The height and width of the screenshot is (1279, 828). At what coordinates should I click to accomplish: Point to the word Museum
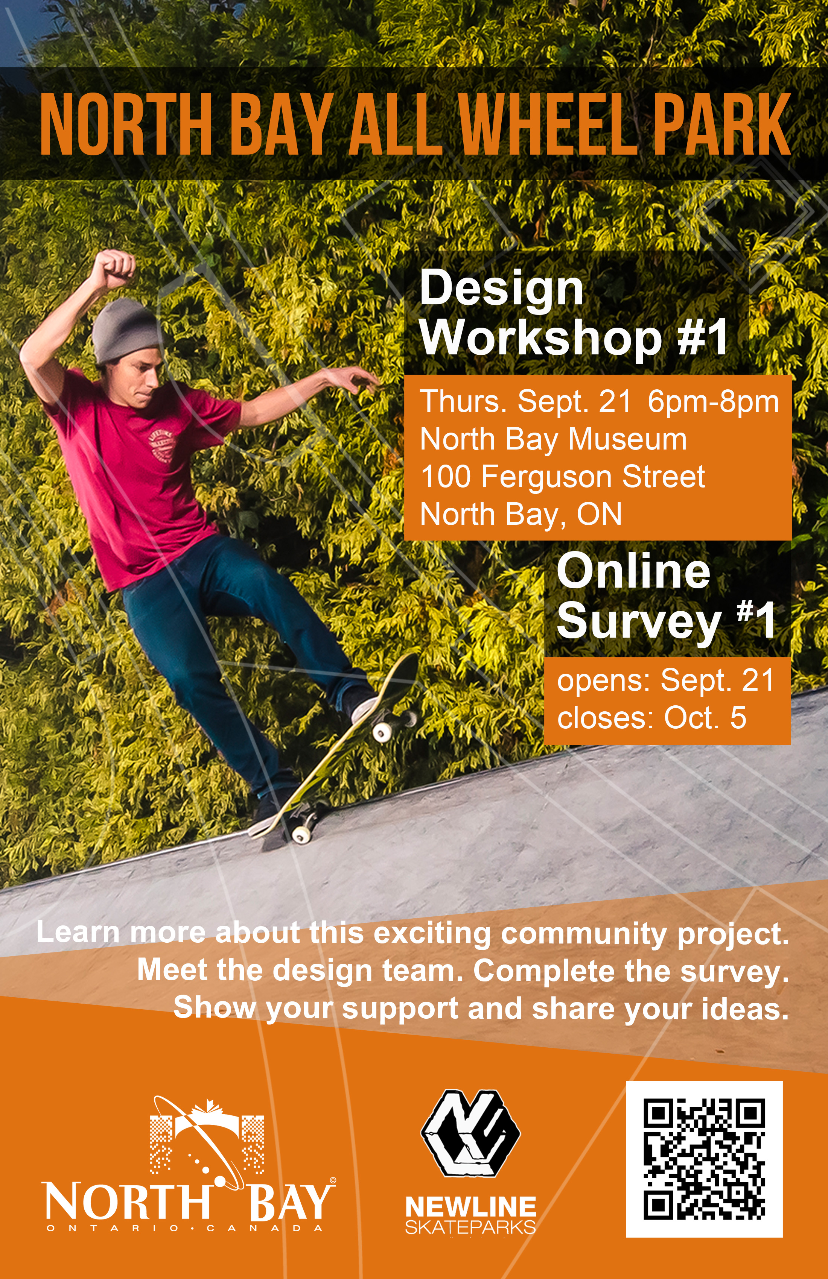627,440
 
